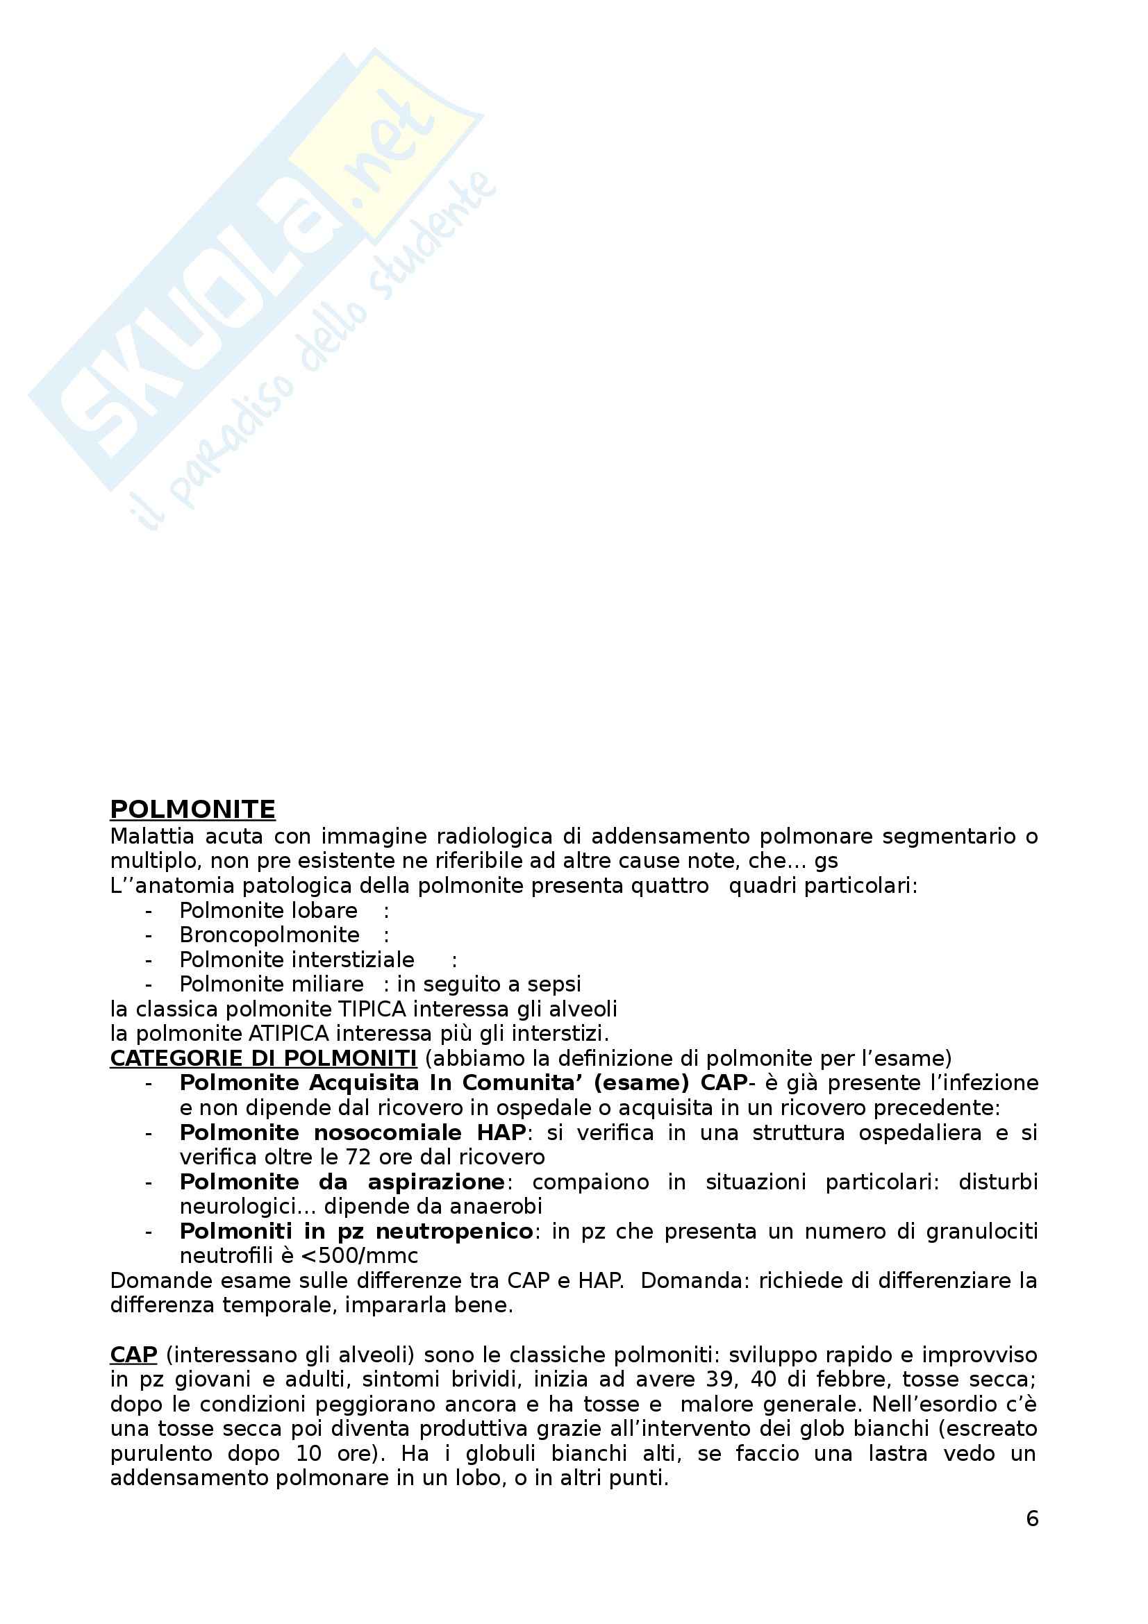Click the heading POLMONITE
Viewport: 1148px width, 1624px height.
coord(192,809)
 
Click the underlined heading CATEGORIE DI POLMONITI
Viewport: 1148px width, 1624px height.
coord(263,1059)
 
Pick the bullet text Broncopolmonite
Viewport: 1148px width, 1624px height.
coord(269,935)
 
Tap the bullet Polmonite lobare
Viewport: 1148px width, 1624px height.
coord(268,910)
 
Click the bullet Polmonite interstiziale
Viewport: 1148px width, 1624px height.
coord(297,959)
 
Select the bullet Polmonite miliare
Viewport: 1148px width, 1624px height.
coord(272,984)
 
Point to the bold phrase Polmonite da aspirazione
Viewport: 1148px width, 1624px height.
coord(342,1182)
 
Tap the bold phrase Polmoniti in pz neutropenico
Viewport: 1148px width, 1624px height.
coord(356,1232)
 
